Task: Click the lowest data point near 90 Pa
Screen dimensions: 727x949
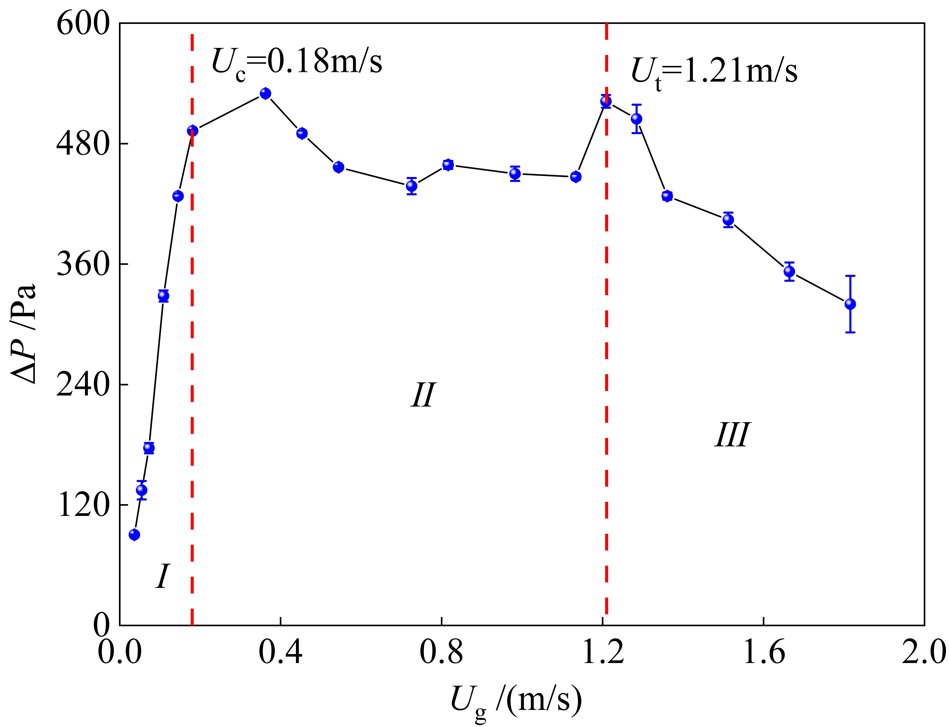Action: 135,535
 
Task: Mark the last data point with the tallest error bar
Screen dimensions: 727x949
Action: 850,304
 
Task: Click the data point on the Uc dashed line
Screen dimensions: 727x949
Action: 193,131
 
